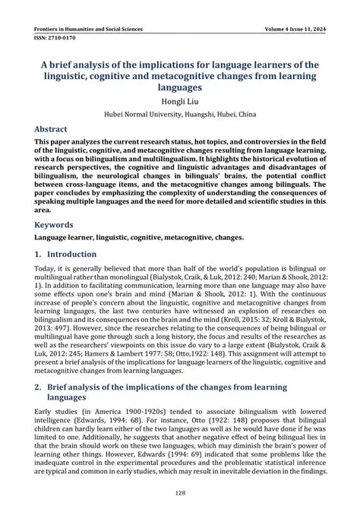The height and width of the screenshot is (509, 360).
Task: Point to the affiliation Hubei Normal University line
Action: click(x=180, y=116)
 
